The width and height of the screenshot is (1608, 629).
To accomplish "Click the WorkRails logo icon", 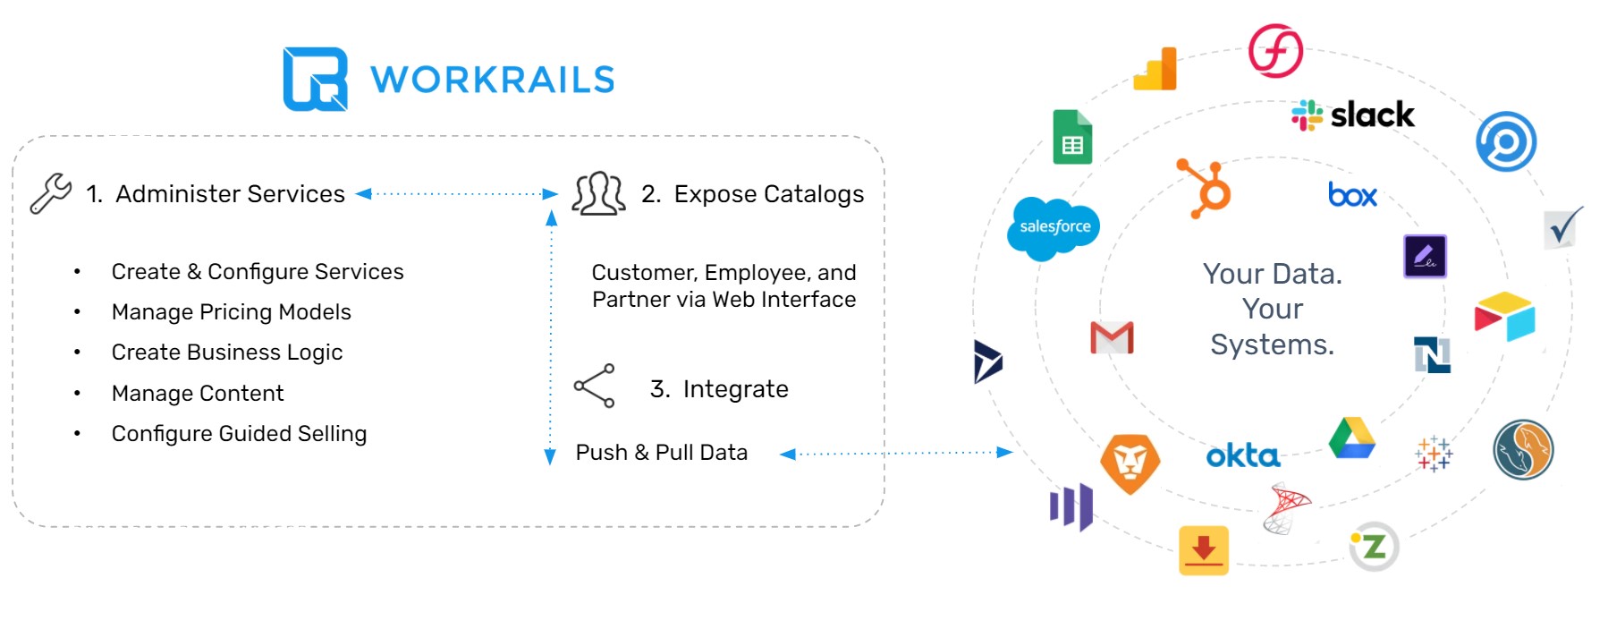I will pyautogui.click(x=315, y=79).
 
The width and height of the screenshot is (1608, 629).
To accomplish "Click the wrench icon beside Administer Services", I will pyautogui.click(x=50, y=193).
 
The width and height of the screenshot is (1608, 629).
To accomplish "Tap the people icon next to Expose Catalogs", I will pyautogui.click(x=598, y=193).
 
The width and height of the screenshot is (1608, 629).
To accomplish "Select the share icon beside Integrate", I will pyautogui.click(x=595, y=386).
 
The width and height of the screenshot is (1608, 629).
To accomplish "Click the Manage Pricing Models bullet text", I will pyautogui.click(x=231, y=312).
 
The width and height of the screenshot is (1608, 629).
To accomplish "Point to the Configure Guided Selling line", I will pyautogui.click(x=239, y=434).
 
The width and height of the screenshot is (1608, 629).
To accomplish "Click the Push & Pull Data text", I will pyautogui.click(x=661, y=453).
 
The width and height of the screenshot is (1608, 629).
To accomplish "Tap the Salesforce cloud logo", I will pyautogui.click(x=1054, y=227).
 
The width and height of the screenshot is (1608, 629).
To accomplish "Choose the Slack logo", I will pyautogui.click(x=1353, y=115).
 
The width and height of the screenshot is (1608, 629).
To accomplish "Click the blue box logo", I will pyautogui.click(x=1352, y=195).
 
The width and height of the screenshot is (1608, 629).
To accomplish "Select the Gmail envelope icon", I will pyautogui.click(x=1112, y=337).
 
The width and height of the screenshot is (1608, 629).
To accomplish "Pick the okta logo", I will pyautogui.click(x=1242, y=456).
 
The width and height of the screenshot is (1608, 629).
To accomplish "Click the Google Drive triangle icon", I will pyautogui.click(x=1351, y=438).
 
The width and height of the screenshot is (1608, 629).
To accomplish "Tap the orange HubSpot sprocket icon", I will pyautogui.click(x=1205, y=188).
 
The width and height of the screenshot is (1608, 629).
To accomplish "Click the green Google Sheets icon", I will pyautogui.click(x=1072, y=138).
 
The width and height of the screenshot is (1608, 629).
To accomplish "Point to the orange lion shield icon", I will pyautogui.click(x=1130, y=463).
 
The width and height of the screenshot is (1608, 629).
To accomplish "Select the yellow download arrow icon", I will pyautogui.click(x=1203, y=549).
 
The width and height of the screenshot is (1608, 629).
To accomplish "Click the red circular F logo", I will pyautogui.click(x=1275, y=51).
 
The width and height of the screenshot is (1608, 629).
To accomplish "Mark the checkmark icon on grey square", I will pyautogui.click(x=1562, y=229).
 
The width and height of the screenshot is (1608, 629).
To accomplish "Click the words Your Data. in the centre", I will pyautogui.click(x=1272, y=274).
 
